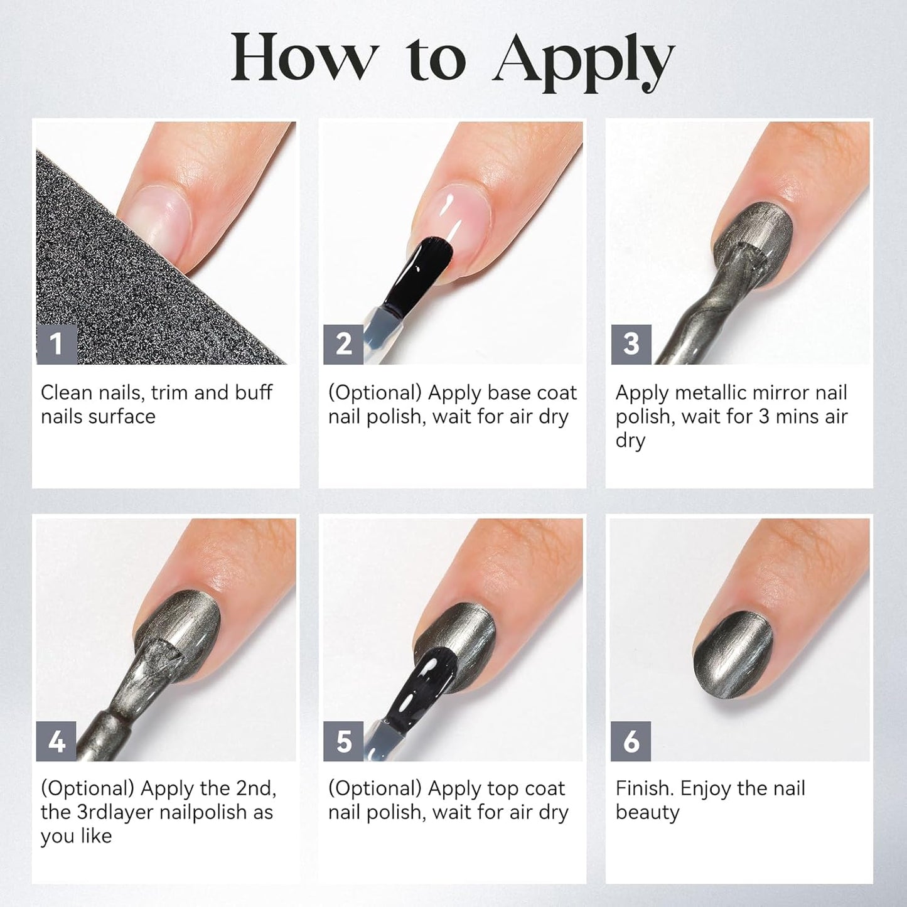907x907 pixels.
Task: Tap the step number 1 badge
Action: click(56, 344)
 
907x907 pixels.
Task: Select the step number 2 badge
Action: click(343, 344)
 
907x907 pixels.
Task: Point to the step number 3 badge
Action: click(631, 344)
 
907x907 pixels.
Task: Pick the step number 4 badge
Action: click(56, 741)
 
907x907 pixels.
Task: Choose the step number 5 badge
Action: click(343, 741)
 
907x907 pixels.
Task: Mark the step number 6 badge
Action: click(631, 741)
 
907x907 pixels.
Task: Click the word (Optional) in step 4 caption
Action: click(88, 789)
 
